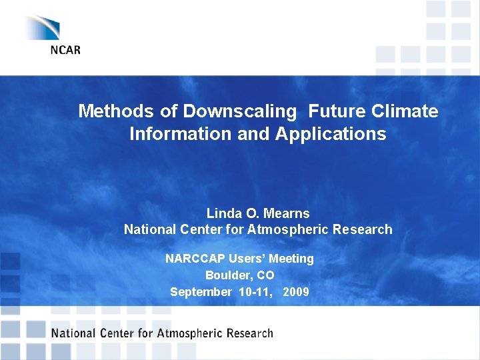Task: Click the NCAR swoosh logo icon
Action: coord(43,27)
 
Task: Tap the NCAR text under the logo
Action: coord(65,51)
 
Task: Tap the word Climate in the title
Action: coord(407,111)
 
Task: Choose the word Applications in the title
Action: coord(330,134)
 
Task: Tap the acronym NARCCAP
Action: coord(195,259)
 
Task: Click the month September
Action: coord(201,291)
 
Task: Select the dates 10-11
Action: coord(255,291)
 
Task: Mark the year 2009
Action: coord(296,291)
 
